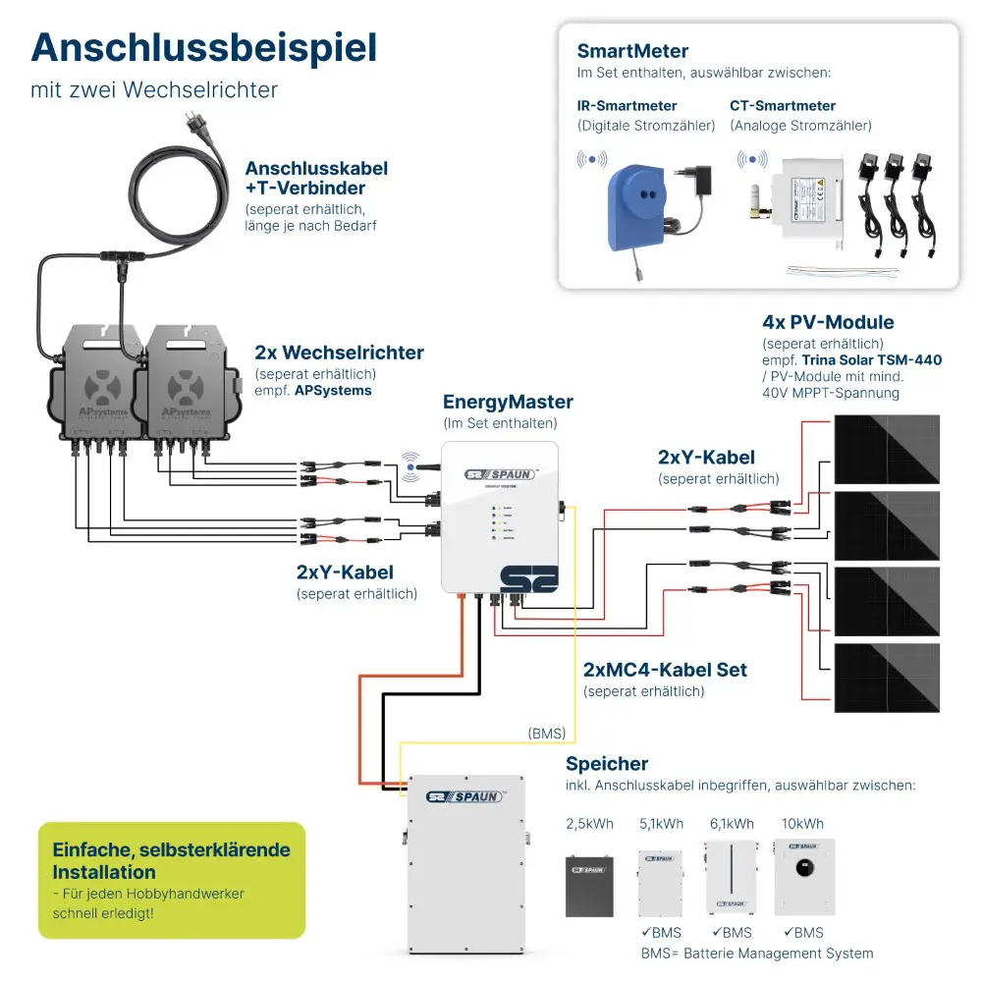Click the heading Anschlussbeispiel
(203, 47)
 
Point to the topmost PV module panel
(887, 448)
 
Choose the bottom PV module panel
(887, 677)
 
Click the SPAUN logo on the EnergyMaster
(501, 474)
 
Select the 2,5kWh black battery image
(590, 885)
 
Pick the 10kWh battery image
(804, 877)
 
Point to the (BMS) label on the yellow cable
(546, 733)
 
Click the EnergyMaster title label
(508, 402)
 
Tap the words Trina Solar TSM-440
(871, 359)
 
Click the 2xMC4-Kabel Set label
(665, 670)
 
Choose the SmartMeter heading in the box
(632, 51)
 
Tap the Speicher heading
(607, 763)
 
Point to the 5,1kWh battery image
(660, 882)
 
